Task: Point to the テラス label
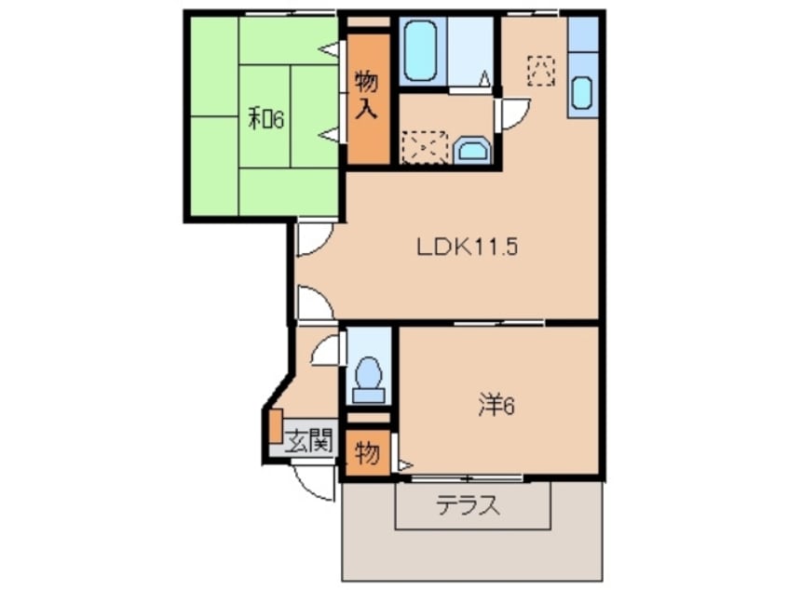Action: point(469,507)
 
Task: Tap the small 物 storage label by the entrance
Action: point(367,455)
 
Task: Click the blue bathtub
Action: point(423,52)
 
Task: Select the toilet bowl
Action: point(370,376)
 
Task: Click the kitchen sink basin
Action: point(581,93)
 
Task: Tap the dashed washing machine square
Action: point(424,147)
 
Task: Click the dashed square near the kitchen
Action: point(540,70)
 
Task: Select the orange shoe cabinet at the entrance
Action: point(275,425)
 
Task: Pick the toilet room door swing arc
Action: point(327,351)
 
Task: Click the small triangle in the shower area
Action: point(485,79)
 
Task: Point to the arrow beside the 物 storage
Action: point(404,463)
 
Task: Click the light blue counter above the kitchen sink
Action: point(581,35)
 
